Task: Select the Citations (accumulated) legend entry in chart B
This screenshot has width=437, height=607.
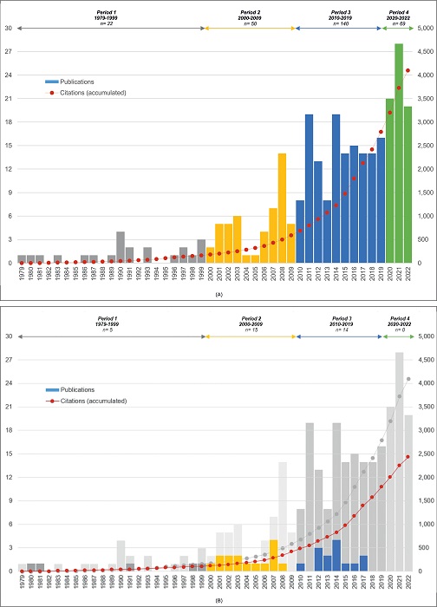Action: coord(95,401)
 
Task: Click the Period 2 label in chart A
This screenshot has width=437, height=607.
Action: coord(251,13)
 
